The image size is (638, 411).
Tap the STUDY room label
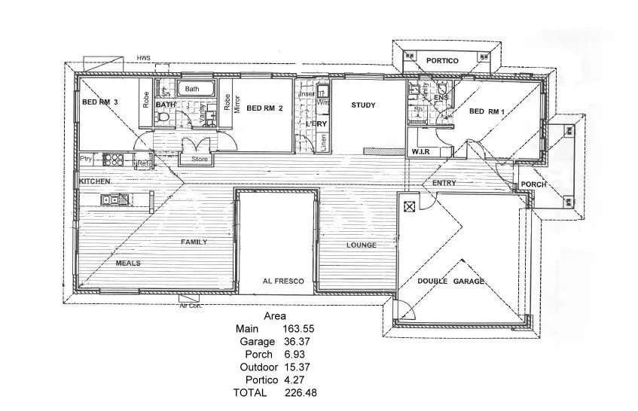pos(363,105)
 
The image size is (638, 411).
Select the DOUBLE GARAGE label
pos(451,281)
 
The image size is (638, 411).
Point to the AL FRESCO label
pos(283,281)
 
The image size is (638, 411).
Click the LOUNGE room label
pos(361,245)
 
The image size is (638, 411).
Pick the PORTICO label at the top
pos(443,60)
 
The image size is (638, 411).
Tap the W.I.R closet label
pos(420,152)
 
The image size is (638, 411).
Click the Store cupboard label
pos(200,159)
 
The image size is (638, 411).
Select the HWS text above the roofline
pos(143,58)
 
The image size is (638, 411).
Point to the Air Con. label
pos(191,305)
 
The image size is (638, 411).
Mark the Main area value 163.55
pos(298,328)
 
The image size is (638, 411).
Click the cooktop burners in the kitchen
pos(113,159)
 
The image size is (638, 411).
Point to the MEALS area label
pos(128,263)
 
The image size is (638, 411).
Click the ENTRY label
pos(445,183)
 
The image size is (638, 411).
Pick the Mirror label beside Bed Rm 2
pos(236,103)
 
